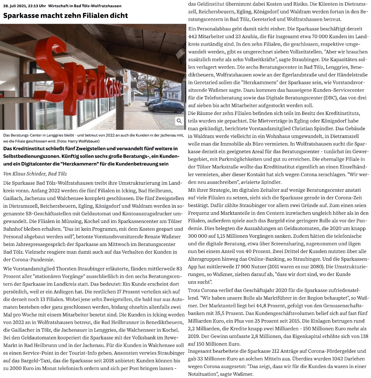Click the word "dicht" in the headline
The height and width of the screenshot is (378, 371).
[x=118, y=16]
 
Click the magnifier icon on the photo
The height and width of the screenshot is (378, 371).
[x=179, y=121]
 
